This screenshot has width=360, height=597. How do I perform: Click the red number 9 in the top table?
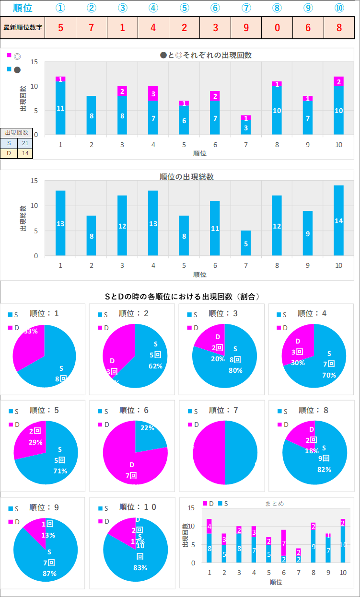246,27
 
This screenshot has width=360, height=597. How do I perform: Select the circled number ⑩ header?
339,8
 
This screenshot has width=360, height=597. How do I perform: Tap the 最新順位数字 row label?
23,27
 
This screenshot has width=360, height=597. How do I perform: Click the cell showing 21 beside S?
24,143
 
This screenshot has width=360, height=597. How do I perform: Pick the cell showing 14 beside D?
24,153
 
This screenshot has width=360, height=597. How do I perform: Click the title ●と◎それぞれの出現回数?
206,55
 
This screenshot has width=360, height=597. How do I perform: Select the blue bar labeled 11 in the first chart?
60,108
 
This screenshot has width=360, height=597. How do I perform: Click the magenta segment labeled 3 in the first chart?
153,93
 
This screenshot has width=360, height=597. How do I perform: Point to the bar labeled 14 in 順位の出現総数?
338,220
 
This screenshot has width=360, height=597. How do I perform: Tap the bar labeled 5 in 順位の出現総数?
246,243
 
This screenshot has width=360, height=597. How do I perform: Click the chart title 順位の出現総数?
186,177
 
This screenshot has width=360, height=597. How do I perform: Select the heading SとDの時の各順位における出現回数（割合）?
182,297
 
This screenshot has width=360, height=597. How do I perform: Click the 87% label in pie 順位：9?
49,573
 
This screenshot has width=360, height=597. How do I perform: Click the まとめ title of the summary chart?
274,504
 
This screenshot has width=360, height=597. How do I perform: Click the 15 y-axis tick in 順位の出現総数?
34,181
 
